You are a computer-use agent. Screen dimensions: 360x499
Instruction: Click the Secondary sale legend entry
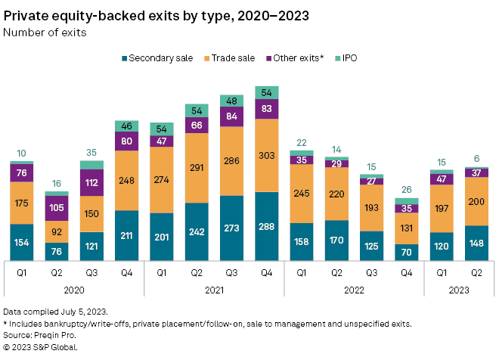point(157,58)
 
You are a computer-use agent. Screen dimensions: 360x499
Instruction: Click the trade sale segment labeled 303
point(268,155)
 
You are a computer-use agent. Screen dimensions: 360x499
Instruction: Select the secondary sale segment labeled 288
point(268,225)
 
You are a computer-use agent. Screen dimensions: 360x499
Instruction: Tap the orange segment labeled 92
point(57,231)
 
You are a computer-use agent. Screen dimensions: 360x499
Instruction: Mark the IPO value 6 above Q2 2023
point(476,159)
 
